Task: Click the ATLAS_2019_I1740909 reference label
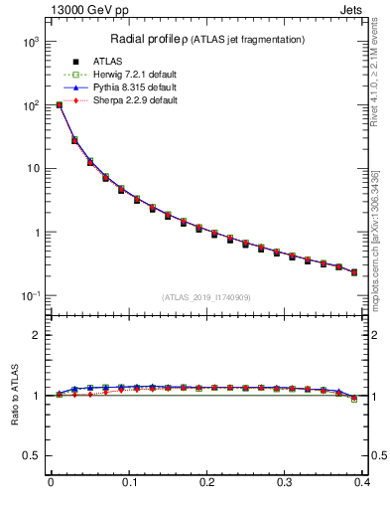tap(206, 296)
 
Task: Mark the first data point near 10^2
tap(59, 104)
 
